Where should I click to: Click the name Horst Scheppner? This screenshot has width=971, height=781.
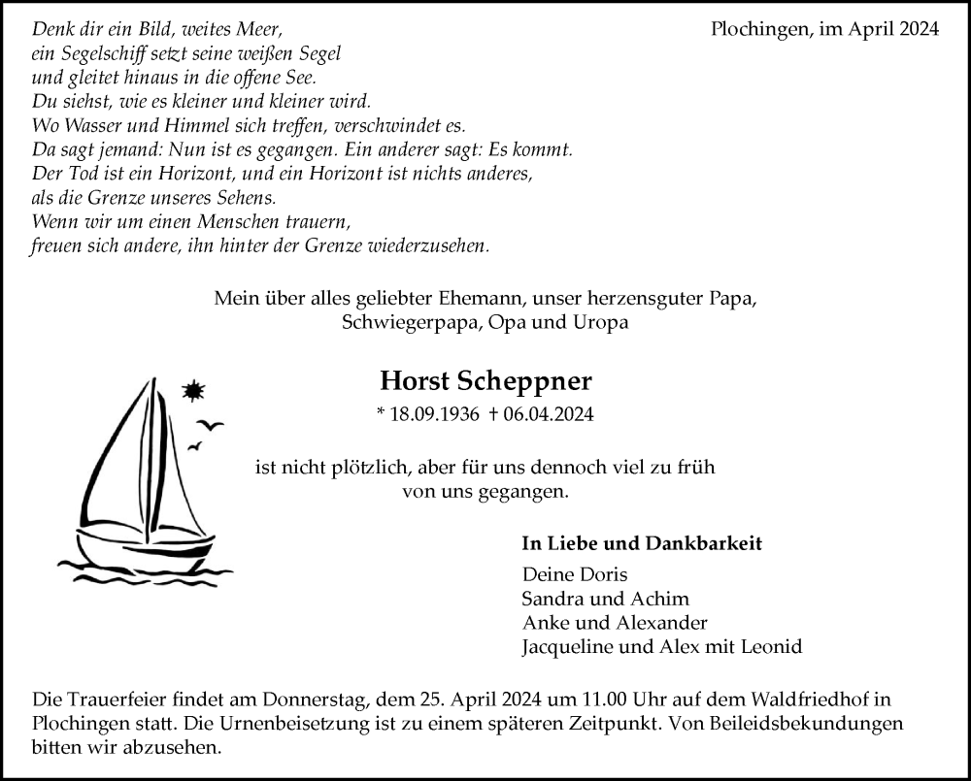coord(485,380)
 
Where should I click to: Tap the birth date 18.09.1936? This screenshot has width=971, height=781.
coord(434,414)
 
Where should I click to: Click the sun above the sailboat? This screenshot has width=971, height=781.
coord(193,391)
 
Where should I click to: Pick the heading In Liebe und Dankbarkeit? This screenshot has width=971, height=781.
coord(642,543)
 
